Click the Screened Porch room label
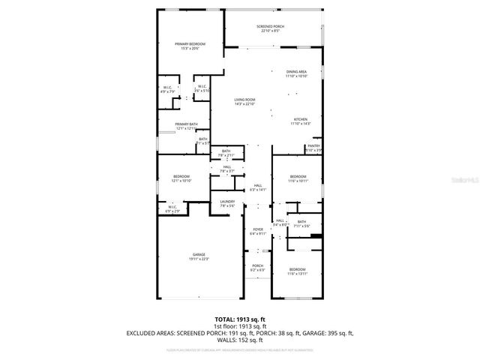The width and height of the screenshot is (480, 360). coord(271,27)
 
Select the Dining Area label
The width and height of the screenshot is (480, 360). coord(296,71)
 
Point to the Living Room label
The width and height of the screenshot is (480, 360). coord(244,100)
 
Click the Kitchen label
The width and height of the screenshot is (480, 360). coord(300,120)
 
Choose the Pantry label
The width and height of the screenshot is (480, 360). coord(314,146)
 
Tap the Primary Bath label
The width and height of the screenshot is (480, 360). coord(186,124)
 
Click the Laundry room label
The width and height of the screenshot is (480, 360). coord(228,202)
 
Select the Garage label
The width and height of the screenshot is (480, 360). coord(199,255)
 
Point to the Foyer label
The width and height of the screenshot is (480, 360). coord(257,229)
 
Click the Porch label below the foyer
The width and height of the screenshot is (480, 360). coord(257,265)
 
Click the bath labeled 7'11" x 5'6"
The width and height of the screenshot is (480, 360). coord(301,222)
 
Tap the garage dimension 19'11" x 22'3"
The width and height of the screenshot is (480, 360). coord(199,259)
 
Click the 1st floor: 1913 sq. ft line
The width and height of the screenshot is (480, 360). coord(240,326)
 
